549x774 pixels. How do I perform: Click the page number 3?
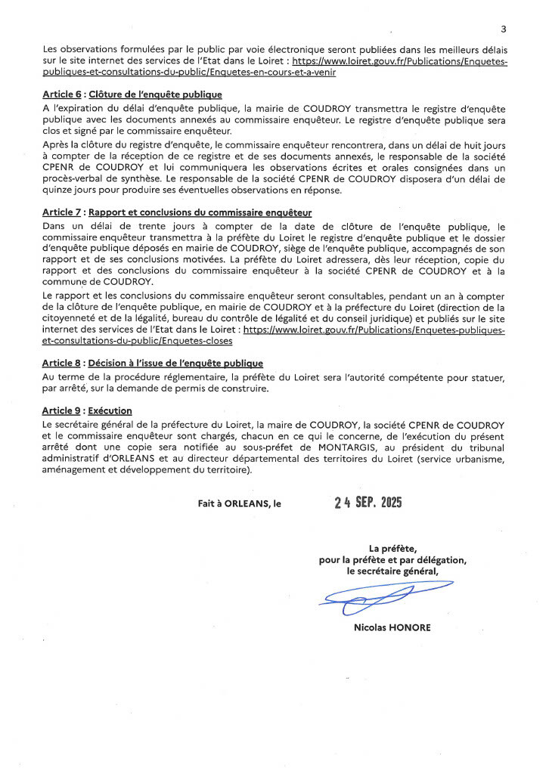(x=503, y=29)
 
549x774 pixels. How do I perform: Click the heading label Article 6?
(x=62, y=94)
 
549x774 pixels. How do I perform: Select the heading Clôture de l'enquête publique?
(x=155, y=94)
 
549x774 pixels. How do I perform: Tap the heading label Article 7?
(x=62, y=213)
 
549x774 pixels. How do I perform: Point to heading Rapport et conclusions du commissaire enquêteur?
(x=200, y=213)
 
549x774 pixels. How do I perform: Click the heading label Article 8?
(x=62, y=364)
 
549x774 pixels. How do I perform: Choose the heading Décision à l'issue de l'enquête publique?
(x=175, y=364)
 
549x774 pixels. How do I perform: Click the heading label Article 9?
(x=62, y=410)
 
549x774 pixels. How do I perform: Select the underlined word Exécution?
(x=110, y=410)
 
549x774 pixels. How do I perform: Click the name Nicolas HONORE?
(x=392, y=627)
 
